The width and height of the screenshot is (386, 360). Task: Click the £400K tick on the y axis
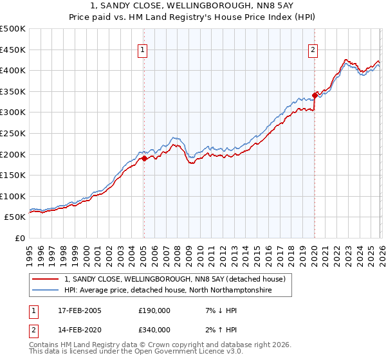coord(13,70)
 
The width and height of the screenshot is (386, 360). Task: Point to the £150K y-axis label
coord(13,175)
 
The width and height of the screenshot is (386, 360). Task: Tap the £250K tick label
coord(13,133)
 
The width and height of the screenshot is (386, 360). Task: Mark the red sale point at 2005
coord(144,158)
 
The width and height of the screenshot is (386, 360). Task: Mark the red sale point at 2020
coord(315,95)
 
